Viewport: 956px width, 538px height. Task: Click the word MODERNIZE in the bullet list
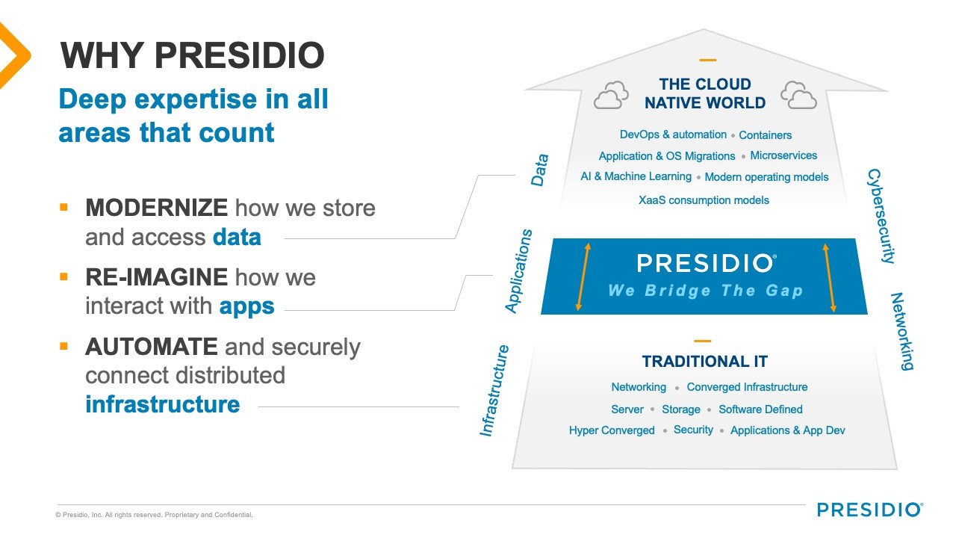[156, 208]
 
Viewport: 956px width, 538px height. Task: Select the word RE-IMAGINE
[156, 277]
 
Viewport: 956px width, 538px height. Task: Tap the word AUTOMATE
[152, 346]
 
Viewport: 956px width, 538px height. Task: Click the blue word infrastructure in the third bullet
[163, 404]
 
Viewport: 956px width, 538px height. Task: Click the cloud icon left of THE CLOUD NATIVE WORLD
[611, 95]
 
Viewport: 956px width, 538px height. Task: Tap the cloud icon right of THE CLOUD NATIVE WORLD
[798, 95]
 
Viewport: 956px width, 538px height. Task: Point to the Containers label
[766, 135]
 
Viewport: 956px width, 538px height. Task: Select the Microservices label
[783, 155]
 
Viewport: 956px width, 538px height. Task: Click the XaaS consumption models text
[704, 200]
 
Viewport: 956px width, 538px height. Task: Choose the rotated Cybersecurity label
[881, 216]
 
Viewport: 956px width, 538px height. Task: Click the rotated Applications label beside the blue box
[518, 271]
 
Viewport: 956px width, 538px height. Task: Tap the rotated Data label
[539, 170]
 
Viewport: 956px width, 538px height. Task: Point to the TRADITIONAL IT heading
[704, 362]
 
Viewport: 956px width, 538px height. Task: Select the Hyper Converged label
[612, 430]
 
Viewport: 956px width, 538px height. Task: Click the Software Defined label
[760, 409]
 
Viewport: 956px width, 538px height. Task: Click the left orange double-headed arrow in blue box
[583, 276]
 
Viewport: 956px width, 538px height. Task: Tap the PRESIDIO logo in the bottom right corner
[870, 510]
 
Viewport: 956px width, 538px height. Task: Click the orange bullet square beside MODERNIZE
[64, 208]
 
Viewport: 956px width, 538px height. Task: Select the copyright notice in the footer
[154, 515]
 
